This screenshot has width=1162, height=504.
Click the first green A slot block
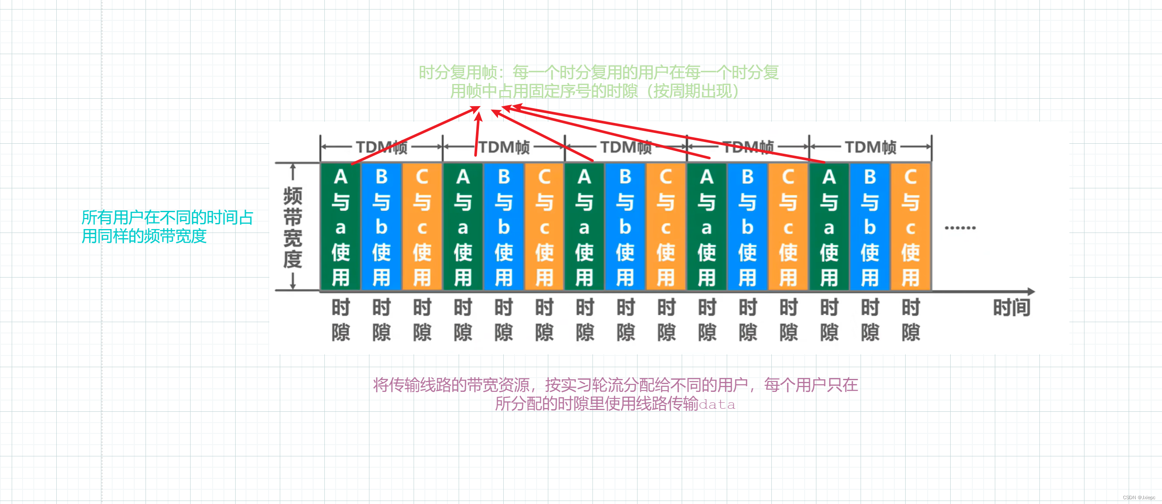[x=340, y=226]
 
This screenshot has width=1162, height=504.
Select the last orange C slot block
[x=910, y=226]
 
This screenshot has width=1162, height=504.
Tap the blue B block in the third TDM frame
[x=625, y=226]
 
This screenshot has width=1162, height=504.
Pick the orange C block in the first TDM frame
[x=422, y=226]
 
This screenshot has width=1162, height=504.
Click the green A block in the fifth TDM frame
[x=829, y=226]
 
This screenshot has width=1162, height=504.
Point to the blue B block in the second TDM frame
[x=503, y=226]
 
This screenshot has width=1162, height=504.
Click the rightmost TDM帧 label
[x=870, y=147]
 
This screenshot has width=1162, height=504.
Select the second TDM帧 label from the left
[x=504, y=147]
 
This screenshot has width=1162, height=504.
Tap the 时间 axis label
[x=1011, y=308]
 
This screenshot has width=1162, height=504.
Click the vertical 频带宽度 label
[x=292, y=227]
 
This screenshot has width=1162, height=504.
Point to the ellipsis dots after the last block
[x=960, y=228]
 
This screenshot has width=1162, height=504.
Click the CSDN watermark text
[x=1139, y=497]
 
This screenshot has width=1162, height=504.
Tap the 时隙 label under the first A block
[x=340, y=320]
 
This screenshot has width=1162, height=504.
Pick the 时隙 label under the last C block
[x=910, y=320]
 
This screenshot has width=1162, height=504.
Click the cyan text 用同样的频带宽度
[x=144, y=236]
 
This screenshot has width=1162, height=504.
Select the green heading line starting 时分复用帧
[x=598, y=73]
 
